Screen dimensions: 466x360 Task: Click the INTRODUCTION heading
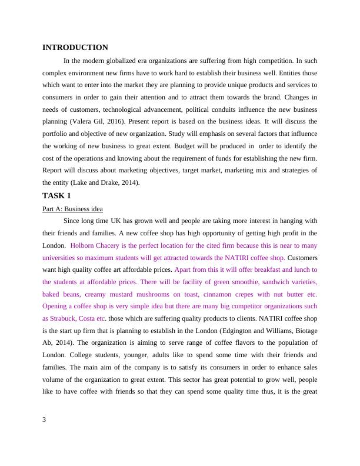click(x=75, y=48)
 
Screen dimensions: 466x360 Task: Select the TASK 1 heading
click(x=56, y=195)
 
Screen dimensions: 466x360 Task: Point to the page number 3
click(x=45, y=420)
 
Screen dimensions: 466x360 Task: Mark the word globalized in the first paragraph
click(x=129, y=61)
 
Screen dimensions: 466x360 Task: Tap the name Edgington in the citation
click(x=233, y=331)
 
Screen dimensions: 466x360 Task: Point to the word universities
click(x=62, y=258)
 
